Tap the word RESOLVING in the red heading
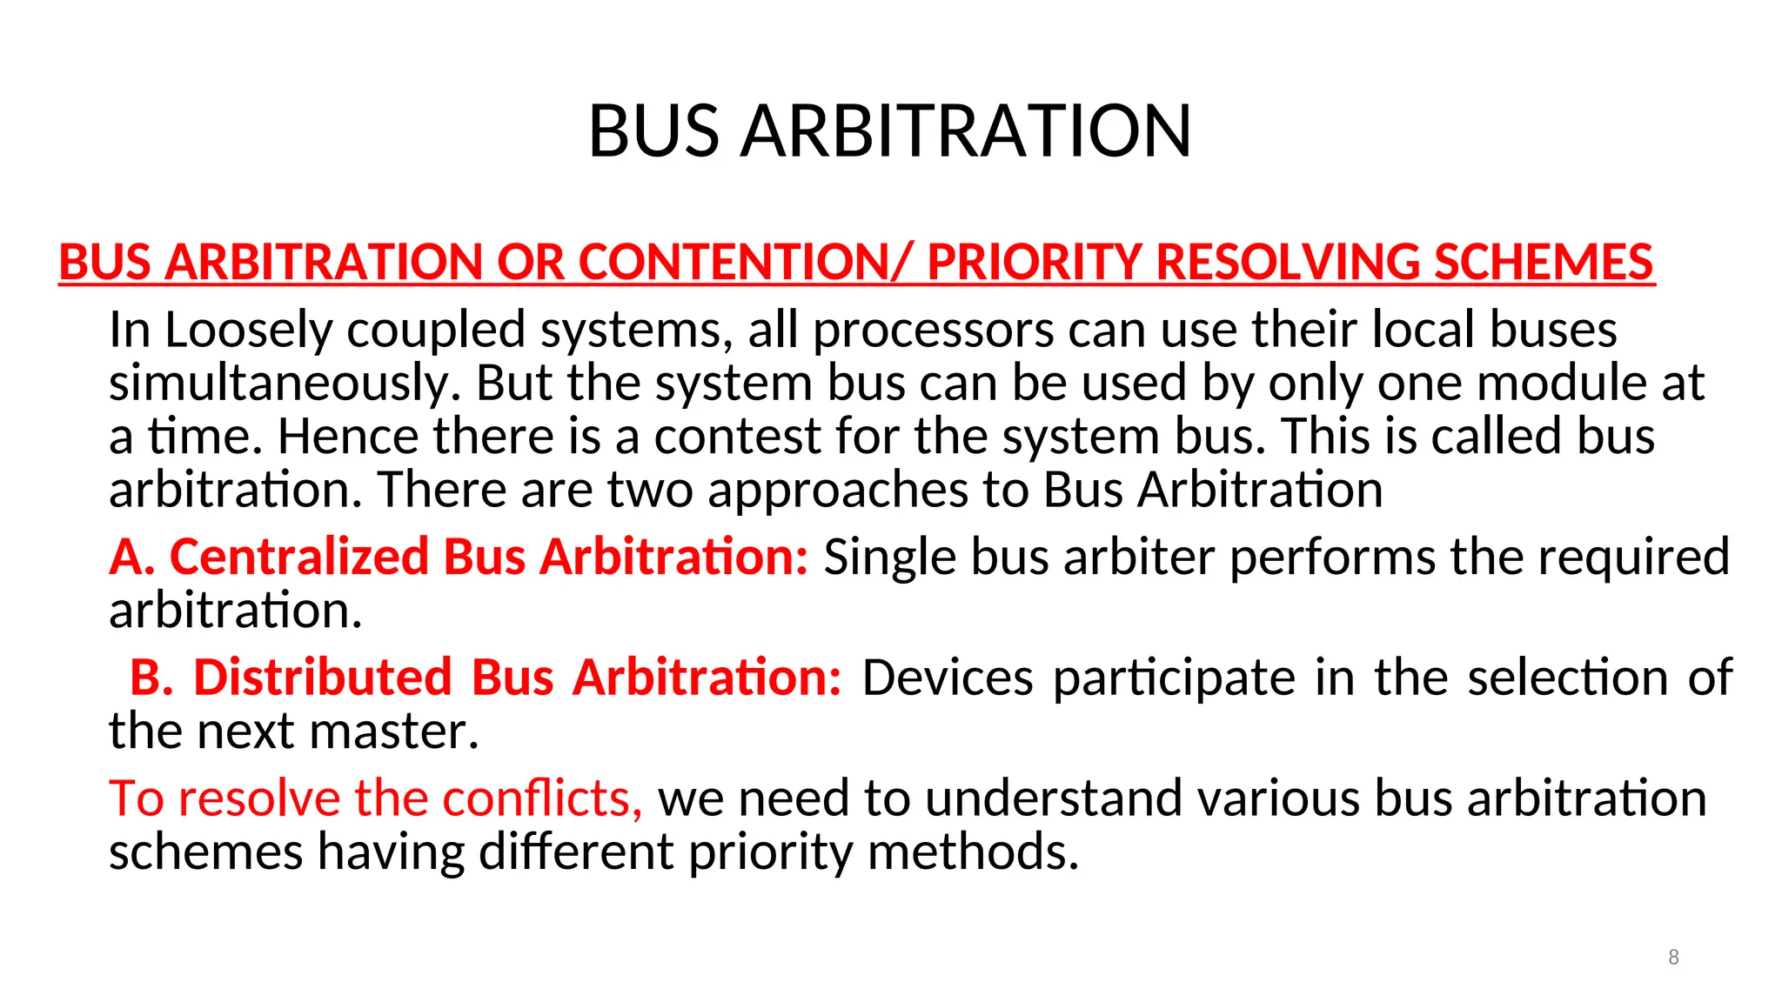coord(1288,262)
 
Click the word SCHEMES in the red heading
coord(1544,262)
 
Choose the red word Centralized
coord(298,557)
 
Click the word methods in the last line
coord(973,852)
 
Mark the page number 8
coord(1673,958)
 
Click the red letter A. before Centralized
coord(131,557)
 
